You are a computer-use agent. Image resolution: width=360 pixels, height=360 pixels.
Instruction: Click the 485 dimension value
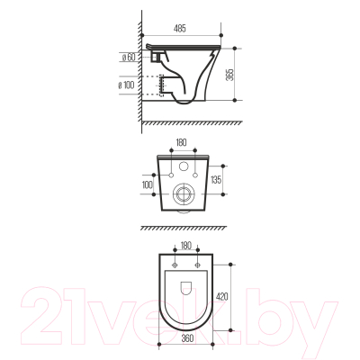click(180, 29)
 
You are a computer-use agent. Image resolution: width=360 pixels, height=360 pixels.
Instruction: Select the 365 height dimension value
click(230, 74)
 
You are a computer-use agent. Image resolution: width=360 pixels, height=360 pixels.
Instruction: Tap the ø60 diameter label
click(129, 57)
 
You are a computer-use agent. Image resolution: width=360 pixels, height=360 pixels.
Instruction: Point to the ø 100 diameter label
click(126, 85)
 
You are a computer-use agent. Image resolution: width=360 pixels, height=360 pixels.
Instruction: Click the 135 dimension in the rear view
click(216, 180)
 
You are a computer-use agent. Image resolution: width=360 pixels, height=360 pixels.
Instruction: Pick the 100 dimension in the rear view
click(148, 184)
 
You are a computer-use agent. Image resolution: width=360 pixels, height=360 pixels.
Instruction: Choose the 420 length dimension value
click(222, 296)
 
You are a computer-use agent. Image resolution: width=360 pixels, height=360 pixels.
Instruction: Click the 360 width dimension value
click(187, 338)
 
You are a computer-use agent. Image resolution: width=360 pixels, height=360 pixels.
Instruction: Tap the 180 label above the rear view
click(182, 141)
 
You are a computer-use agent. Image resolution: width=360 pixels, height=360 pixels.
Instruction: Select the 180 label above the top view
click(186, 246)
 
